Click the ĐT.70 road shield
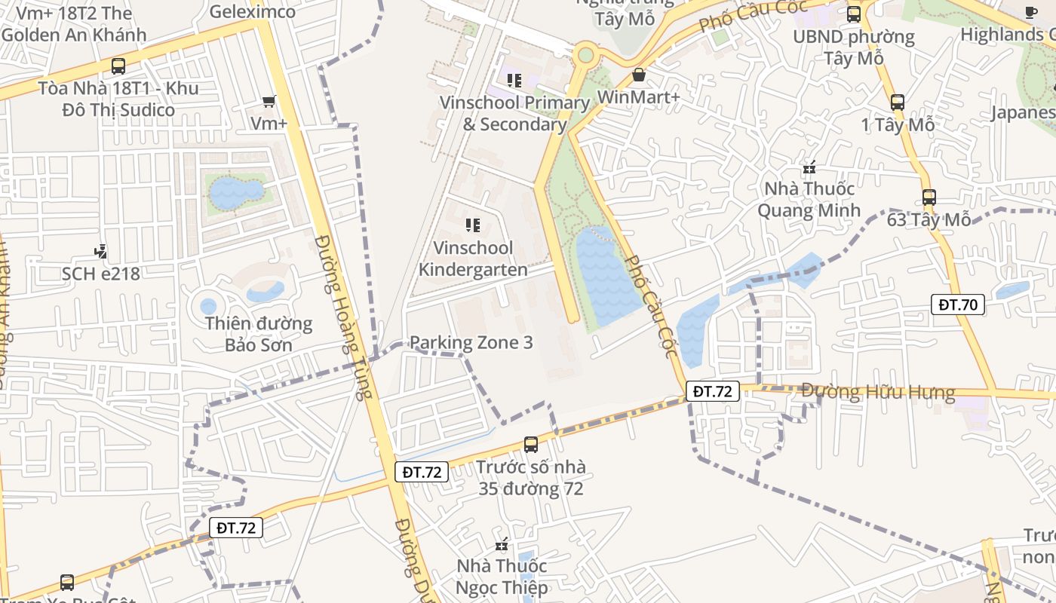click(957, 305)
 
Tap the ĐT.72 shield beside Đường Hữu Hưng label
click(712, 391)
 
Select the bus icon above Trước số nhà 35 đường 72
click(531, 445)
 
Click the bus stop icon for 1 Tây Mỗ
click(898, 103)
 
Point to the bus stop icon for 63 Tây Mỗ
click(929, 197)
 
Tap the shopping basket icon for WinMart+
click(639, 75)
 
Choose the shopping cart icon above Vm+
click(269, 101)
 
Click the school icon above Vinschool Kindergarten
click(473, 225)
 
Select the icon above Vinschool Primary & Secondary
click(514, 80)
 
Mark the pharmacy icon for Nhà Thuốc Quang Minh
click(809, 167)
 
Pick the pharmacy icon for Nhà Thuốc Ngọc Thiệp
click(502, 544)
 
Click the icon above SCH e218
click(100, 251)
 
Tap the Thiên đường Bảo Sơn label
click(259, 335)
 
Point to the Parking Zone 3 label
click(471, 343)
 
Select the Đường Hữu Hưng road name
click(878, 392)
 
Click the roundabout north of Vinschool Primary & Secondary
click(585, 55)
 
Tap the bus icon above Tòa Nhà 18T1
click(118, 66)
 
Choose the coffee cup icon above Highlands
click(1031, 12)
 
